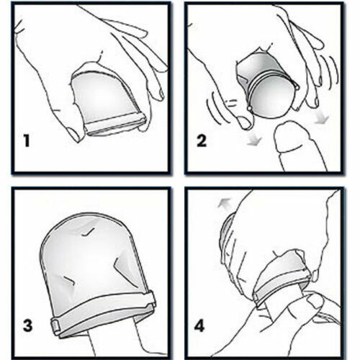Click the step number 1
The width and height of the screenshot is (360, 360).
point(27,140)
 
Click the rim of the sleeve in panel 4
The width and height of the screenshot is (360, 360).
point(281,284)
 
